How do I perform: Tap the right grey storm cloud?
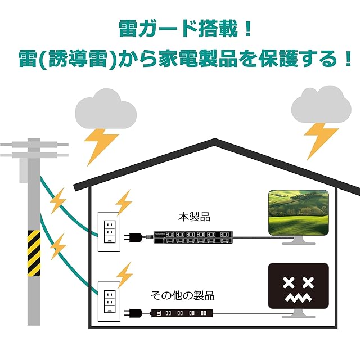[x=321, y=106]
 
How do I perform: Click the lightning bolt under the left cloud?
[x=101, y=146]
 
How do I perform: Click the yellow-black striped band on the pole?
[x=34, y=253]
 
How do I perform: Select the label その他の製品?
[x=182, y=295]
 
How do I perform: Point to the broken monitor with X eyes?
[x=297, y=287]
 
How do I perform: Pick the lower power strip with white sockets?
[x=182, y=313]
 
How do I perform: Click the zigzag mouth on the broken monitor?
[x=297, y=297]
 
